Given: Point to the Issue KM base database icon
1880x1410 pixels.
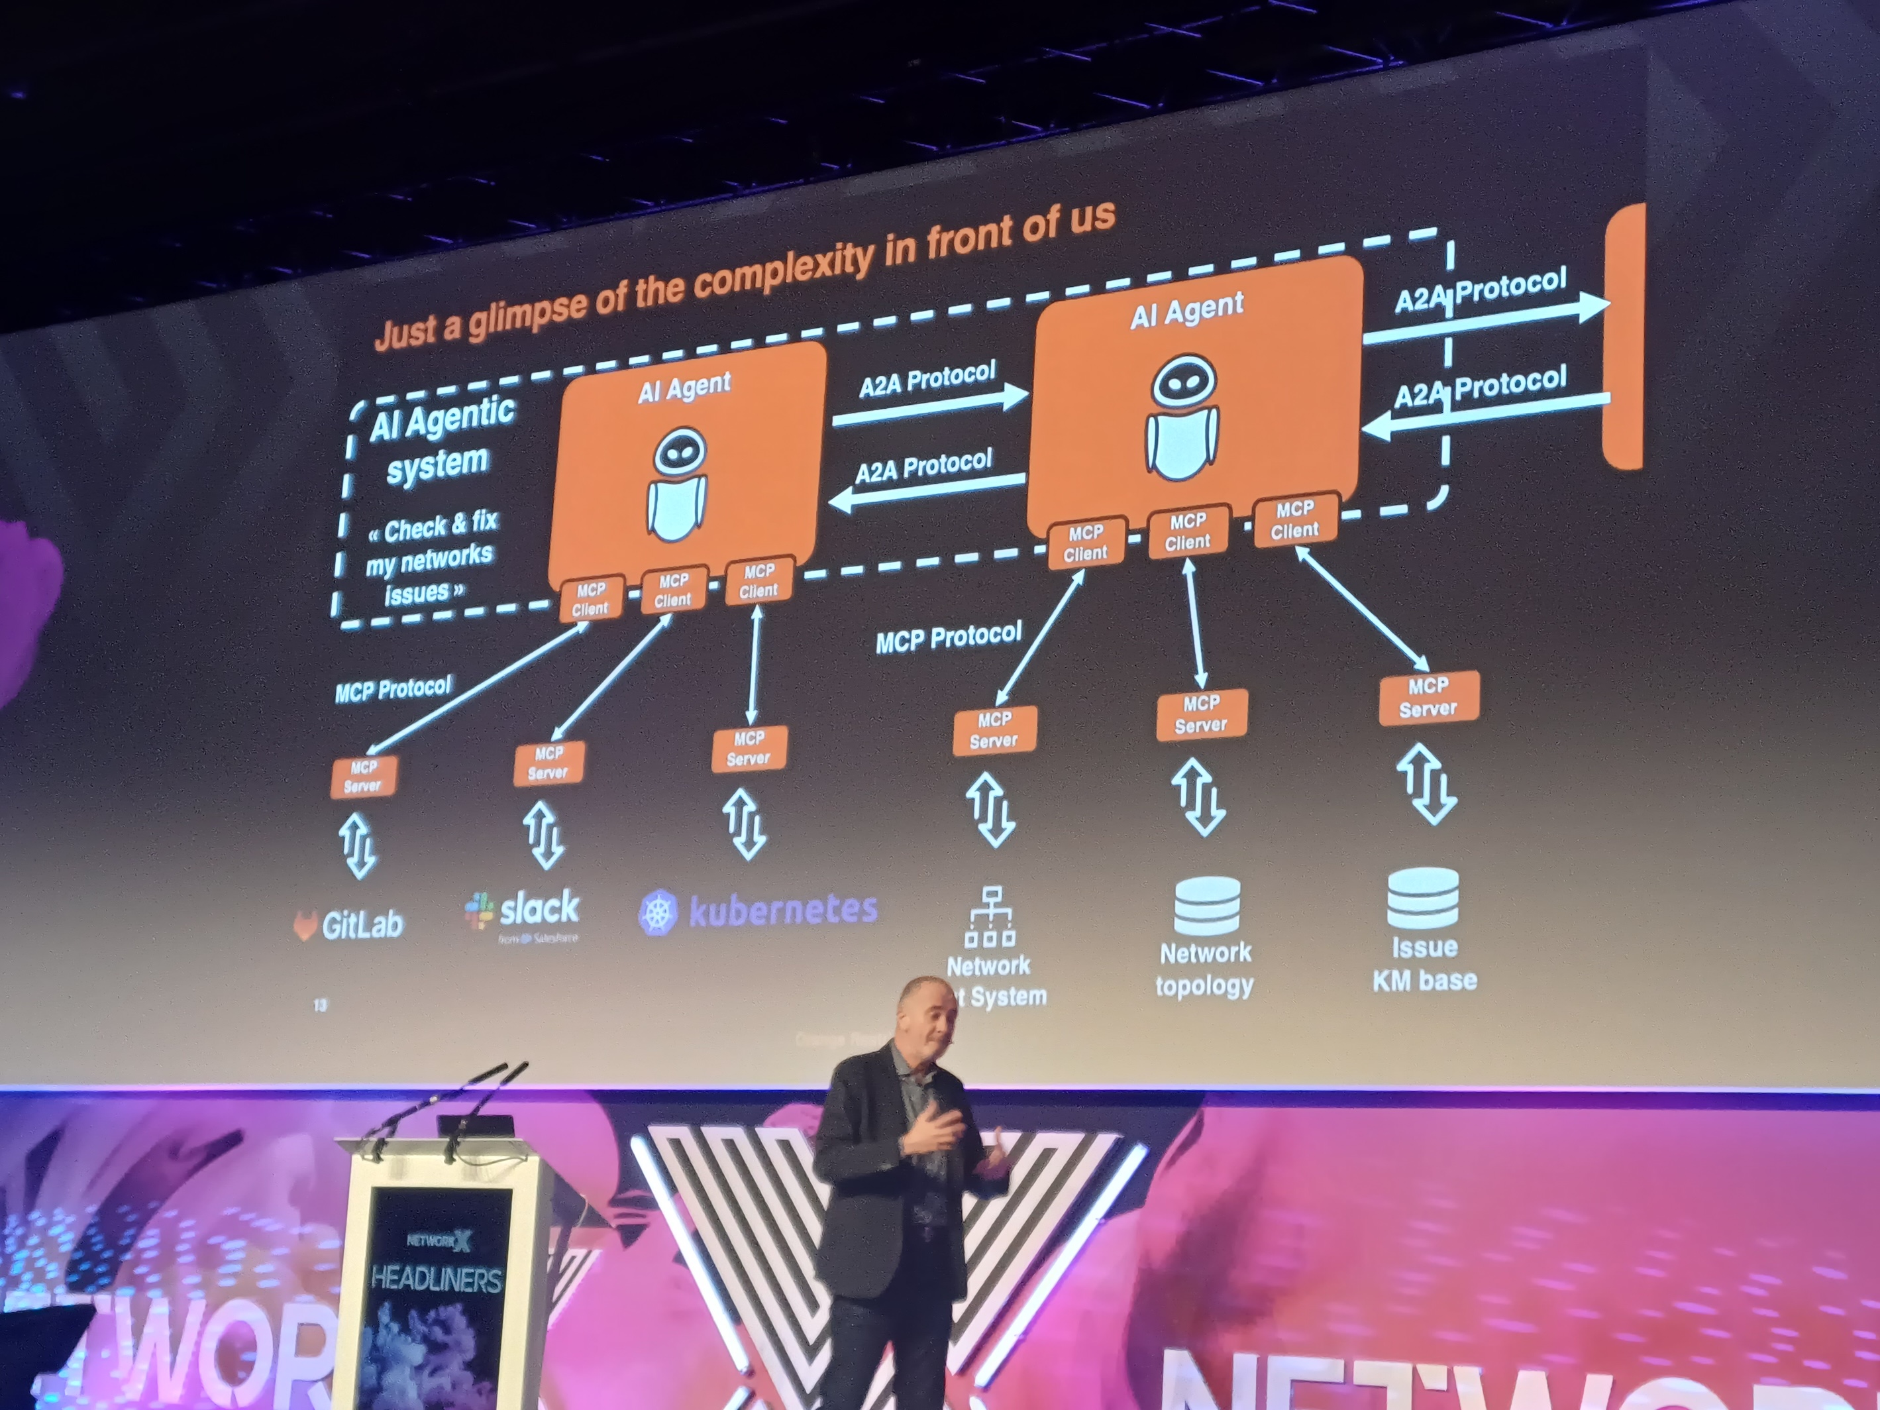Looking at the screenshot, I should [1423, 898].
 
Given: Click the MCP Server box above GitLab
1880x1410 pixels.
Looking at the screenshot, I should [363, 777].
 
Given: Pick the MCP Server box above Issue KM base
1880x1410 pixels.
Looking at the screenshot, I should [1428, 697].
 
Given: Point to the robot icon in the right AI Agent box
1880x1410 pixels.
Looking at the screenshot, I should [1182, 417].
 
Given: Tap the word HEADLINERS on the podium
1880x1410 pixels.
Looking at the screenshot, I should [436, 1279].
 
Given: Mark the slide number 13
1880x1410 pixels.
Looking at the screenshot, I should [319, 1005].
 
